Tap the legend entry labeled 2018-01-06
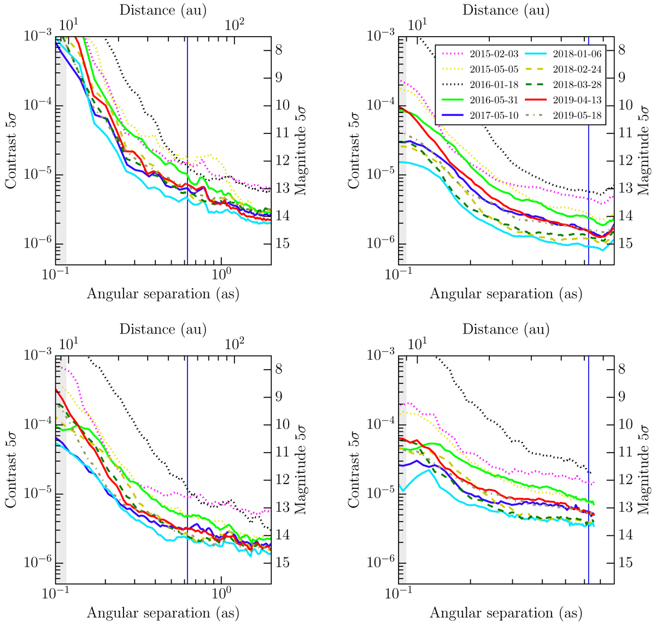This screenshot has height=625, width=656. pos(571,54)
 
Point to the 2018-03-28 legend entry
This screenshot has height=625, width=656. pos(571,84)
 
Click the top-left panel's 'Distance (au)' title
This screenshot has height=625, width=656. pos(163,10)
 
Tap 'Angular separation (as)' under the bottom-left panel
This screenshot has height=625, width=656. pos(163,613)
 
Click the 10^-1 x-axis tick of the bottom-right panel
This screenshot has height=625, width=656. pos(399,593)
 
